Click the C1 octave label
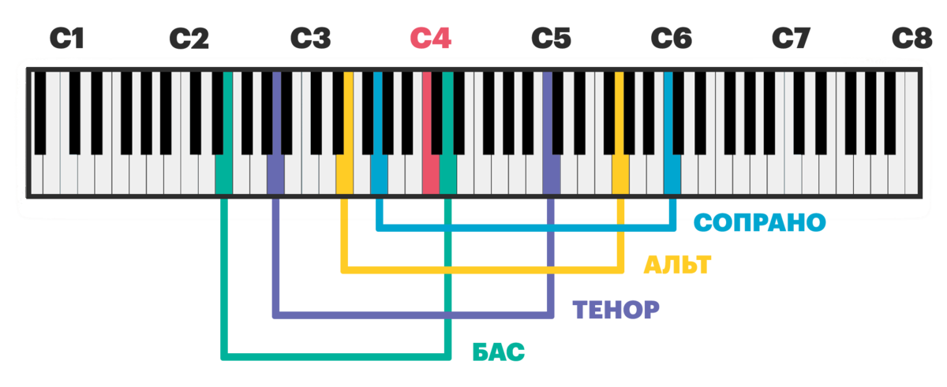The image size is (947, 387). click(x=67, y=38)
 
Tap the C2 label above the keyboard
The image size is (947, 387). click(x=189, y=38)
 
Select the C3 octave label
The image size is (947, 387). click(x=310, y=38)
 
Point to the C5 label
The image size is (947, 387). click(x=551, y=38)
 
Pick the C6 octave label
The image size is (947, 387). click(x=672, y=38)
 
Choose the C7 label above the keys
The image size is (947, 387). click(x=792, y=38)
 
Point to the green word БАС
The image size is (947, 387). click(x=499, y=352)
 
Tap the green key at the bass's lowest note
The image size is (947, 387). click(x=224, y=173)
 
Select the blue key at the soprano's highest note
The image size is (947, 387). click(x=672, y=173)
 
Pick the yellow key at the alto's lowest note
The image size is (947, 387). click(x=344, y=173)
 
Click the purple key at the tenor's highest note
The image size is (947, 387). click(x=551, y=173)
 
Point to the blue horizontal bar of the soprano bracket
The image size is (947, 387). click(x=525, y=228)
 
